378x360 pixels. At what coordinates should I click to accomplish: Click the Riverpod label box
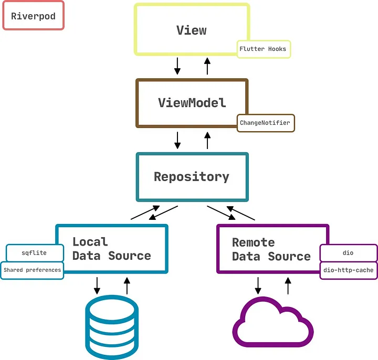click(x=33, y=16)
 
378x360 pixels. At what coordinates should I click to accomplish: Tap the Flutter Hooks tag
click(x=263, y=49)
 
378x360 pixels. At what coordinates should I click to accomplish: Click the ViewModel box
click(x=191, y=102)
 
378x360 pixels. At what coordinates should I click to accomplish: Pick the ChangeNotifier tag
click(x=265, y=123)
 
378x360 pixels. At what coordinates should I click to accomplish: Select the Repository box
click(x=192, y=177)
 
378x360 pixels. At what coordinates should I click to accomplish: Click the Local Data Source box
click(x=112, y=248)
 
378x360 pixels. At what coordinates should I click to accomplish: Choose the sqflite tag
click(x=34, y=253)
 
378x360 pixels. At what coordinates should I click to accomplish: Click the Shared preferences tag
click(x=32, y=270)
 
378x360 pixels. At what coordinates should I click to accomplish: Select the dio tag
click(x=348, y=253)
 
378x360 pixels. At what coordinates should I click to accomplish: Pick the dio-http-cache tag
click(x=348, y=270)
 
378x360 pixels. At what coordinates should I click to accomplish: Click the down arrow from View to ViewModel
click(x=177, y=66)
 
